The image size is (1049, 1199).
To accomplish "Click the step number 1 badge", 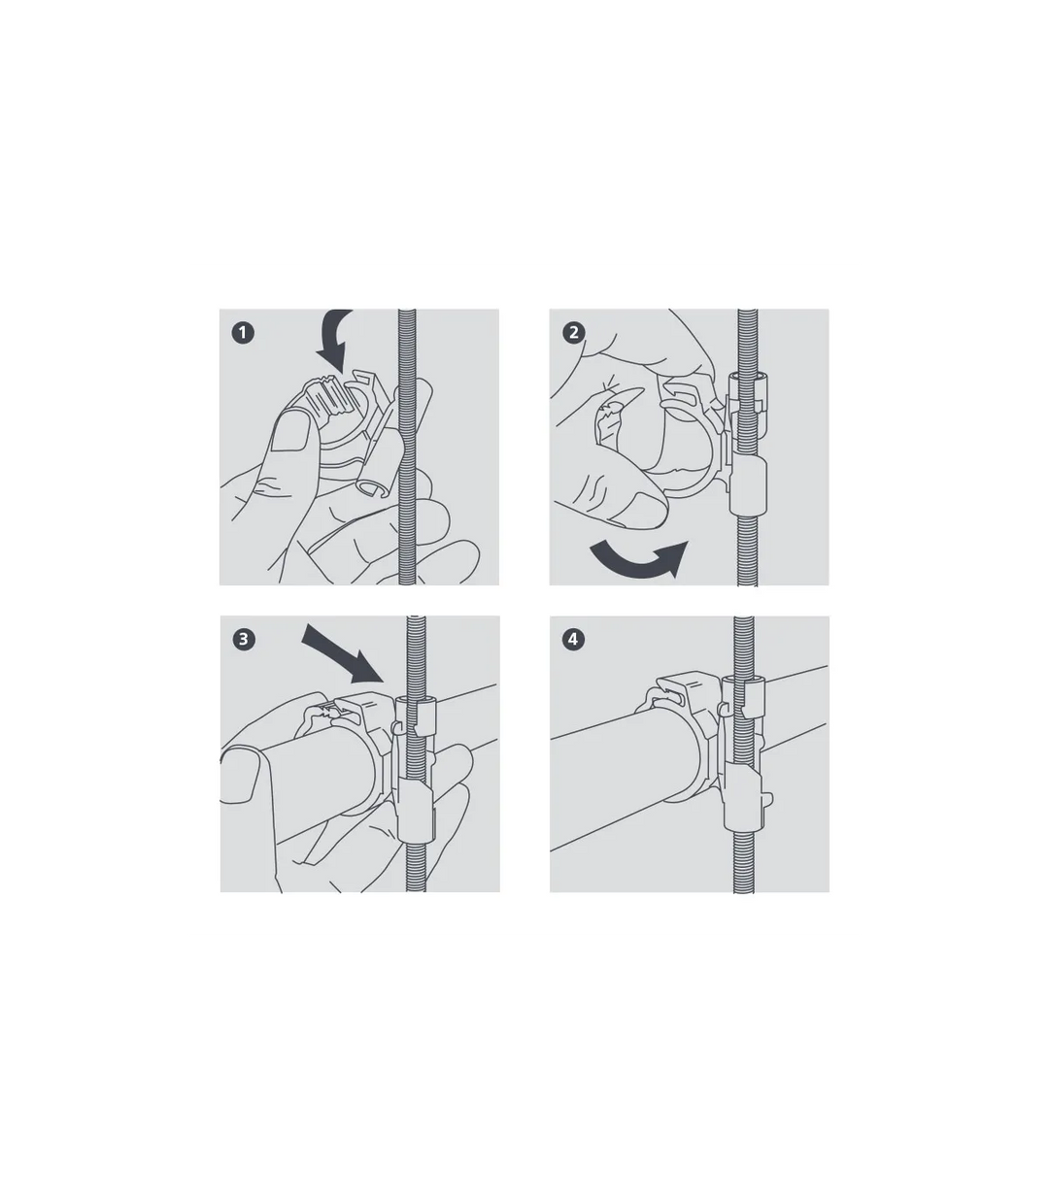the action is point(243,333).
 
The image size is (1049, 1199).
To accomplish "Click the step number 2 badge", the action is point(573,333).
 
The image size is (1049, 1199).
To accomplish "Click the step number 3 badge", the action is point(244,639).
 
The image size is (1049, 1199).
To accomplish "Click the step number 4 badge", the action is point(573,639).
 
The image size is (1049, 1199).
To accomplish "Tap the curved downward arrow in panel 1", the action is point(332,340).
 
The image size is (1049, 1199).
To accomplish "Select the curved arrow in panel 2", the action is point(639,561).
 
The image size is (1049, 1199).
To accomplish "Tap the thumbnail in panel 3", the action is point(240,776).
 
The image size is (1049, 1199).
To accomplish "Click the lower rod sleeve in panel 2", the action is point(748,485).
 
